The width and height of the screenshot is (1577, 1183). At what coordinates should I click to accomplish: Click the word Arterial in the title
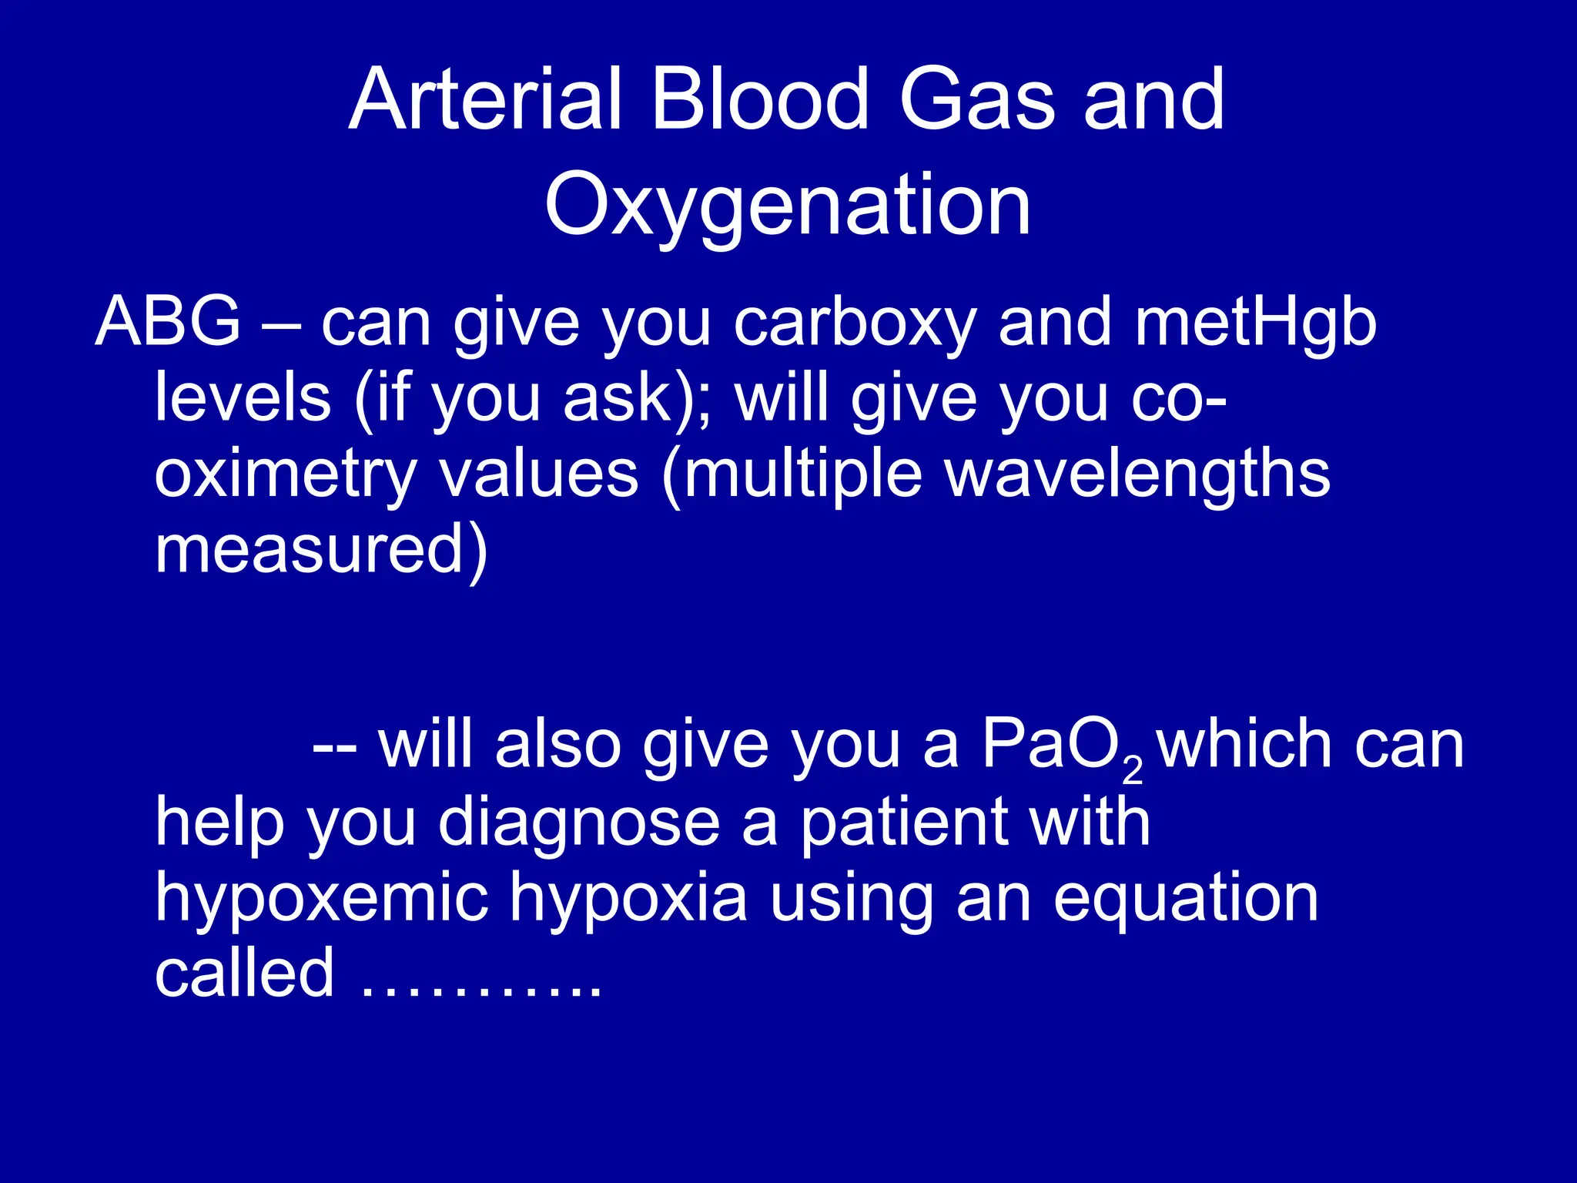(485, 100)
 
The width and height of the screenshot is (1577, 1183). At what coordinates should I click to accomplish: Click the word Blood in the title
(759, 100)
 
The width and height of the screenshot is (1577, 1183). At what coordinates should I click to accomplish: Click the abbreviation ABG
(168, 322)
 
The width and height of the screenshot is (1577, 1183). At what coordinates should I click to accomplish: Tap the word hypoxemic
(322, 900)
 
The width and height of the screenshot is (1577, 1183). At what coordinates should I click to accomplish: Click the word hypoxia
(628, 900)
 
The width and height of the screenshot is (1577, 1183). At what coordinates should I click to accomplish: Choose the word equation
(1186, 900)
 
